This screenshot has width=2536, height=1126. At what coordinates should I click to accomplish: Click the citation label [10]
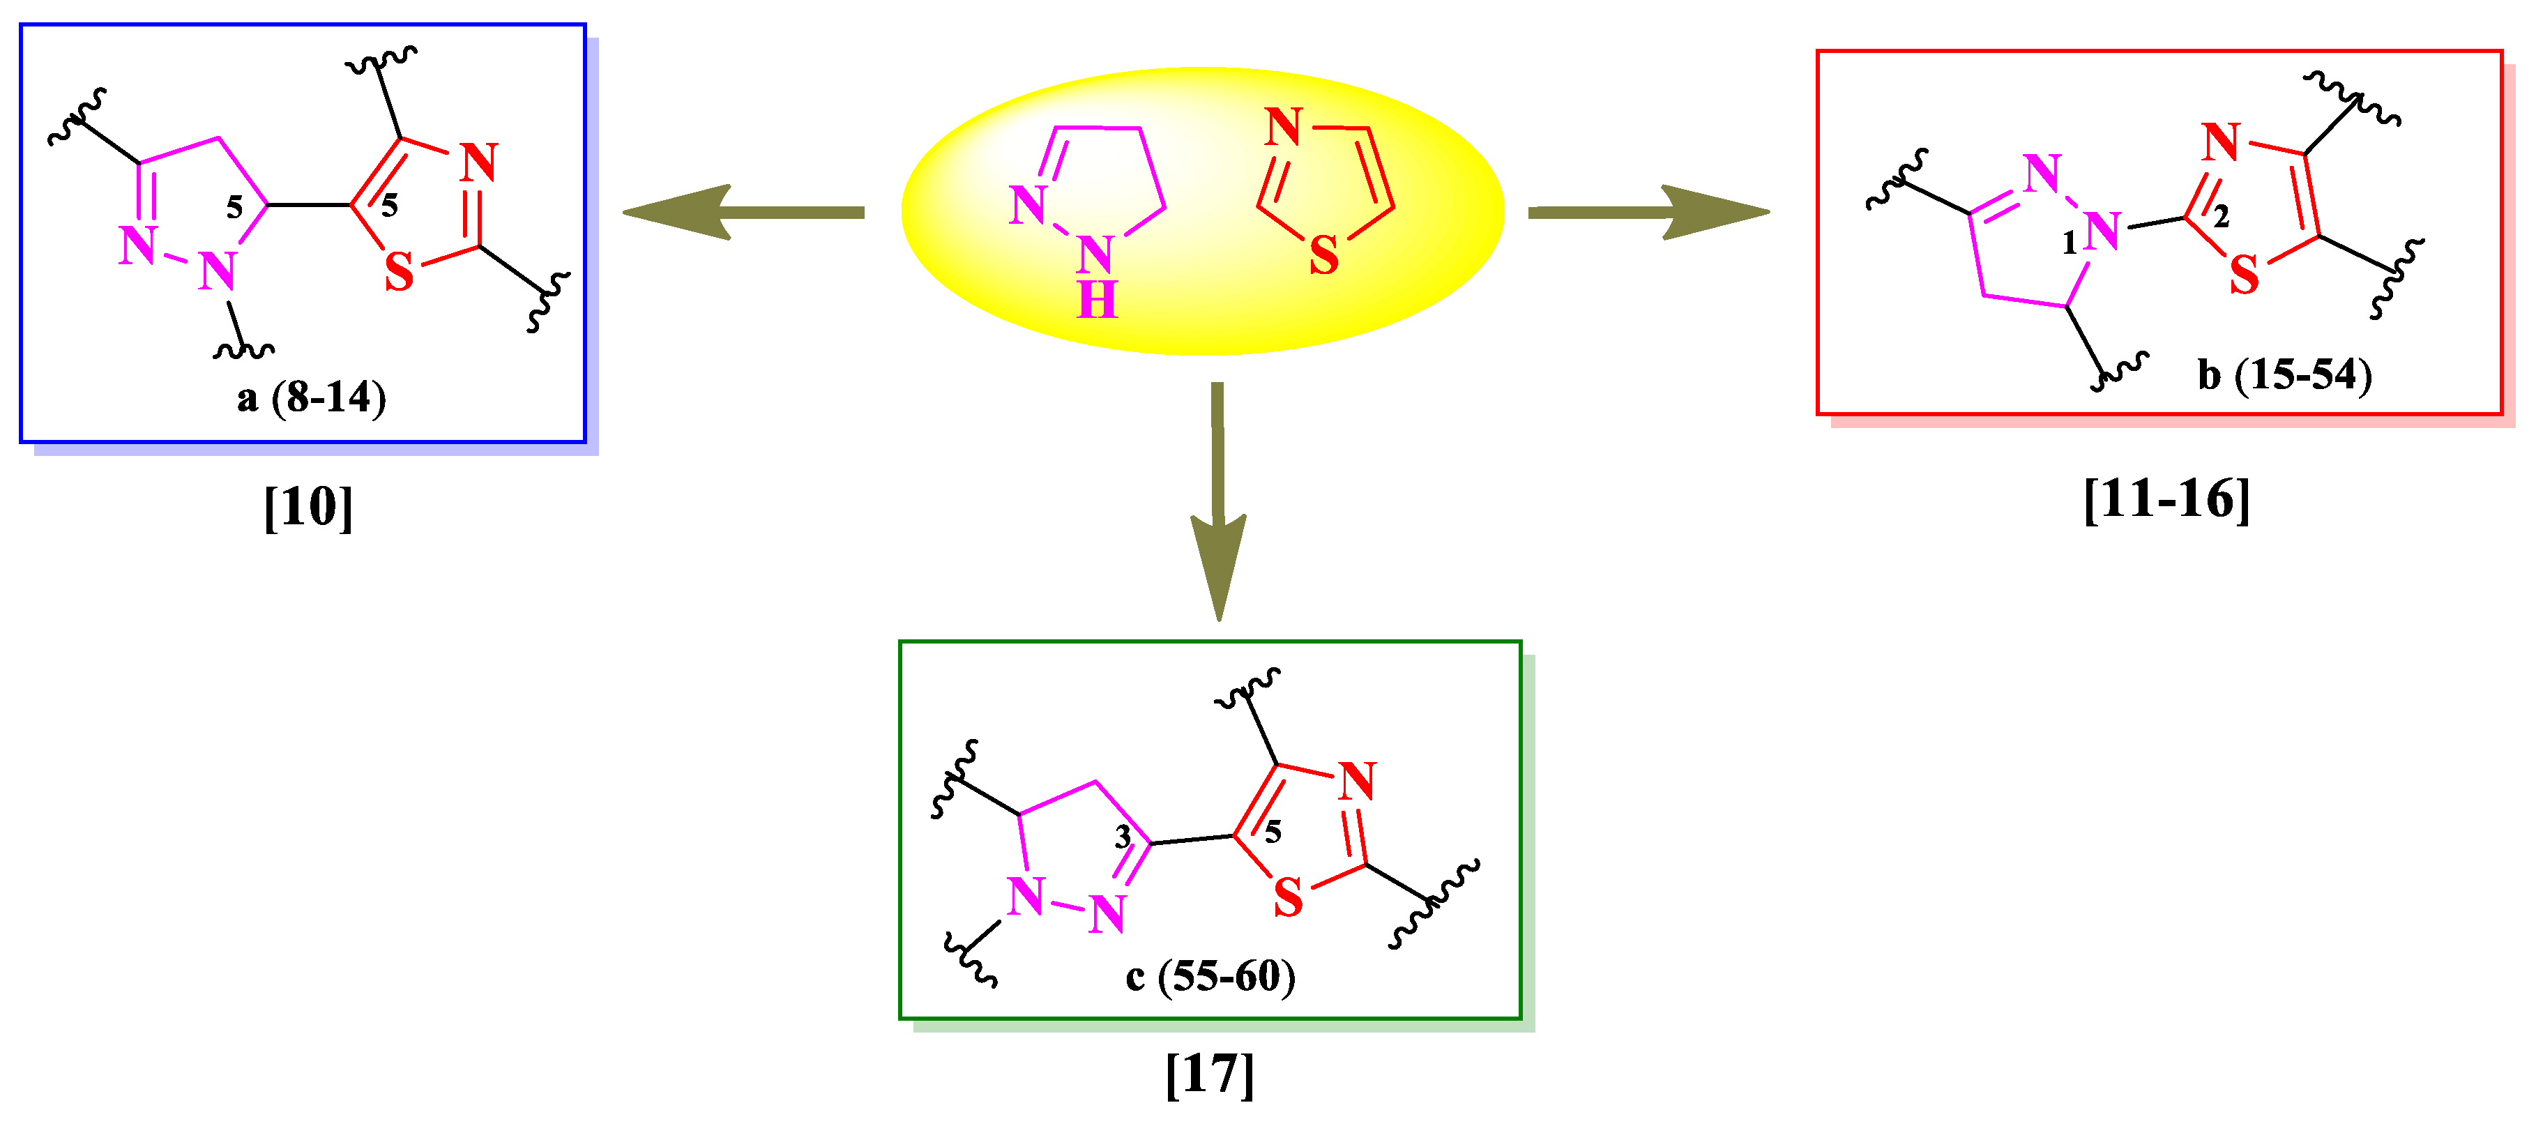[308, 507]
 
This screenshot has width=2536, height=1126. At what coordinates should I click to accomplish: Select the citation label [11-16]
[2166, 499]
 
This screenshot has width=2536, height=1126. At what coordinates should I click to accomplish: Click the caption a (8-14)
[311, 397]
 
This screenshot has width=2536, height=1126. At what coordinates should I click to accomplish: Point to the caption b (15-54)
[2284, 375]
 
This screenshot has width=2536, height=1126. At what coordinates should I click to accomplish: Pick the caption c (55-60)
[1210, 976]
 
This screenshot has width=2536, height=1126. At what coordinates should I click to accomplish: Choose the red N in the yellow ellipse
[1283, 128]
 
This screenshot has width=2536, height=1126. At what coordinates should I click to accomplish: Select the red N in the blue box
[478, 162]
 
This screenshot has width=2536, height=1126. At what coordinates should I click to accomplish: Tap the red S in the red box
[2244, 275]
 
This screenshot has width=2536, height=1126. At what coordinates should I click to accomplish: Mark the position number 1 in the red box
[2070, 242]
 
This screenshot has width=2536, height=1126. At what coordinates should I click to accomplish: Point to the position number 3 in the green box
[1123, 837]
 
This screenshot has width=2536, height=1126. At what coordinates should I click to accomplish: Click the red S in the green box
[1288, 897]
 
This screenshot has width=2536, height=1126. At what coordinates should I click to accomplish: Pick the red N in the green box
[1357, 782]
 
